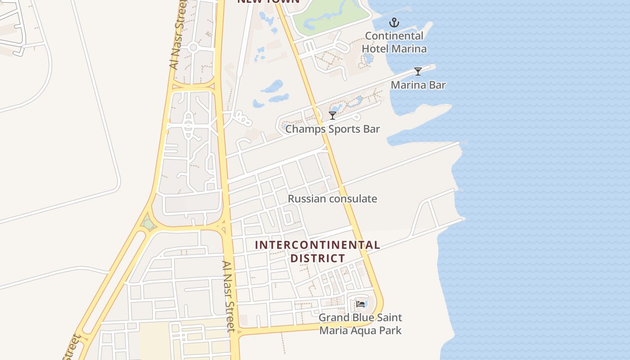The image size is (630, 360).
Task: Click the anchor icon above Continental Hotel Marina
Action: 394,22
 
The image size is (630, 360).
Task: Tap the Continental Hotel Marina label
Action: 394,42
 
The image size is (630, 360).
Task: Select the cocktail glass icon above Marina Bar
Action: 418,72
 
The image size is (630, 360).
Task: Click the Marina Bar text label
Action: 418,85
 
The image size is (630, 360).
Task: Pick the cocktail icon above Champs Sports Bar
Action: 333,116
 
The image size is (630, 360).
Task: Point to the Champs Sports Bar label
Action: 333,129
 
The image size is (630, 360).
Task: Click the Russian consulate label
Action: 333,199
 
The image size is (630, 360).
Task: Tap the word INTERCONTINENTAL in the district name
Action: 317,245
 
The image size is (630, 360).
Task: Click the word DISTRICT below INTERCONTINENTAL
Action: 317,258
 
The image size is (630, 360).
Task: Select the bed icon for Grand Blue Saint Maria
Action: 360,304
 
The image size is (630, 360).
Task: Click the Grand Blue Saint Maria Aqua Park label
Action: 360,324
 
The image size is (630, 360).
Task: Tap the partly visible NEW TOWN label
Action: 268,2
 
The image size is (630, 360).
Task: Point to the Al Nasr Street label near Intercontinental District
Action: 229,296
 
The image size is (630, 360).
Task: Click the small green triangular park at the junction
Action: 147,223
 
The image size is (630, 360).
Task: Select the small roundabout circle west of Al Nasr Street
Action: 193,47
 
